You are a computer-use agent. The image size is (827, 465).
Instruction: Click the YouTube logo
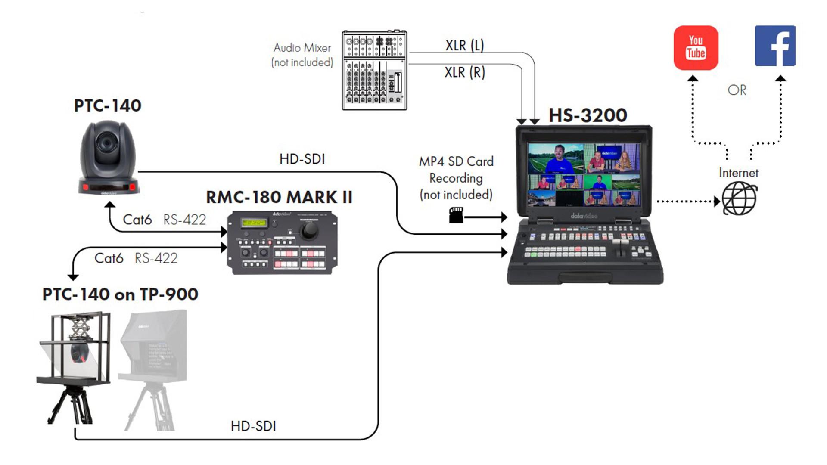click(x=696, y=47)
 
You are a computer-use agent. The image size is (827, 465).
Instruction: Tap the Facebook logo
click(x=775, y=46)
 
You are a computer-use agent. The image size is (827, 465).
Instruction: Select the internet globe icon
click(x=739, y=198)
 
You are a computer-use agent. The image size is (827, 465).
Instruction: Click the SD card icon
click(x=456, y=215)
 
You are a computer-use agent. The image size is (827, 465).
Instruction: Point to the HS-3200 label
click(x=588, y=115)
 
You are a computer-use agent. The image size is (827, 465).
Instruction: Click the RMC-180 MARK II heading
click(x=279, y=197)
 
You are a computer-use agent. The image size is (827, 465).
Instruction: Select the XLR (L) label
click(x=464, y=45)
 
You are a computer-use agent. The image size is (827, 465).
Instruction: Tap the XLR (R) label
click(x=464, y=72)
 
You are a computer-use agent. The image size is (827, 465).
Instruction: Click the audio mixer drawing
click(x=374, y=70)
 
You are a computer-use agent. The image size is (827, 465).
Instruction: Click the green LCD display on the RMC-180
click(x=254, y=223)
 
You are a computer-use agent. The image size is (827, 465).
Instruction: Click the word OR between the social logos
click(x=737, y=90)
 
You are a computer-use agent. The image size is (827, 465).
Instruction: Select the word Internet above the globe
click(x=738, y=173)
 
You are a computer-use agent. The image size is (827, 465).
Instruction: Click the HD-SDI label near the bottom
click(x=253, y=426)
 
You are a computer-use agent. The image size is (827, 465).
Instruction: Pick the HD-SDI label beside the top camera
click(x=302, y=159)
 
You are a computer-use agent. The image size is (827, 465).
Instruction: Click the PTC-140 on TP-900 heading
click(x=120, y=294)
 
